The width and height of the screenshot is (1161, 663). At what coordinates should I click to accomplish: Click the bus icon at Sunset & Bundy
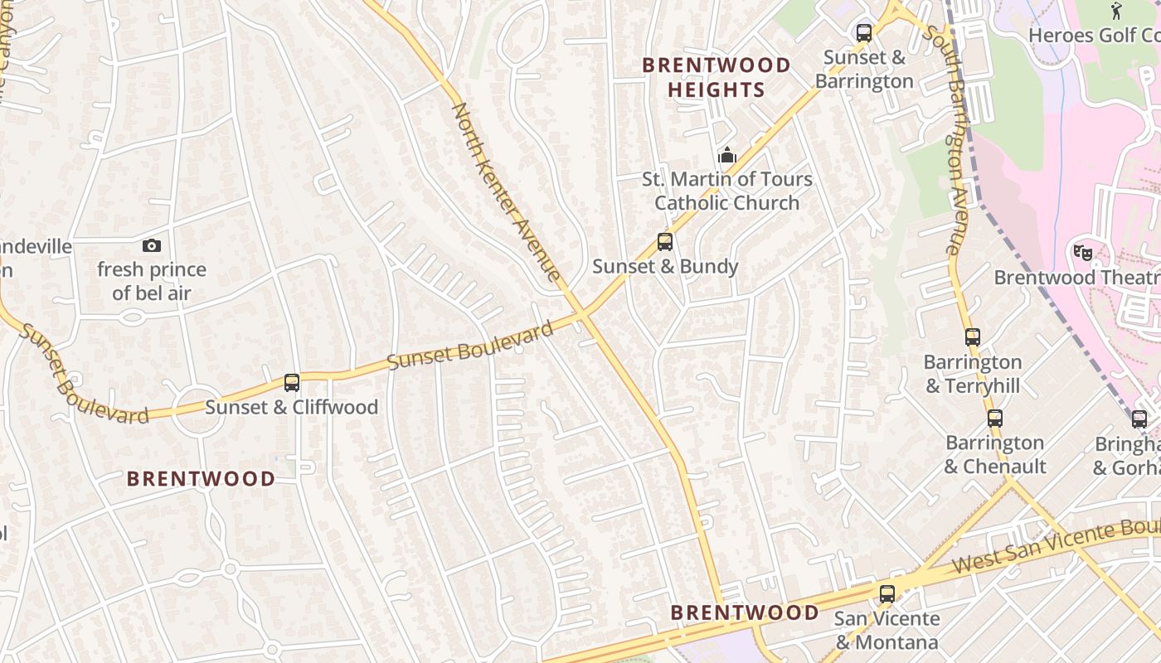click(x=664, y=242)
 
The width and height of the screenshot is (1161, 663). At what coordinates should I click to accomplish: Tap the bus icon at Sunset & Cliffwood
click(x=291, y=383)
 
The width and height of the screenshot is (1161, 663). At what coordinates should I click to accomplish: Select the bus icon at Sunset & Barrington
click(x=864, y=33)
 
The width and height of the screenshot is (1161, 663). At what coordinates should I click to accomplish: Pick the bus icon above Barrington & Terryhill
click(x=973, y=337)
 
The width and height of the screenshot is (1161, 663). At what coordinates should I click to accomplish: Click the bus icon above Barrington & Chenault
click(x=995, y=419)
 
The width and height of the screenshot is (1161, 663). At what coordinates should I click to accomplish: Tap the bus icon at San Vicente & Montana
click(x=887, y=593)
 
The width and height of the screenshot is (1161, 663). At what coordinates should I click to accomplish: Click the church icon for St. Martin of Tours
click(x=727, y=155)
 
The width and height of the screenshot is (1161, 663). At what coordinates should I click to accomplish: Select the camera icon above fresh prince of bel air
click(x=152, y=245)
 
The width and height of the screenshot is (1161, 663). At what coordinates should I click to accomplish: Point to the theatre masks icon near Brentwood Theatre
click(x=1082, y=252)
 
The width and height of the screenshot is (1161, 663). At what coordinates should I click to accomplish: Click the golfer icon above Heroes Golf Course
click(x=1116, y=11)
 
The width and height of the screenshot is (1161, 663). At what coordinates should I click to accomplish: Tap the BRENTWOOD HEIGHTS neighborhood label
click(x=717, y=77)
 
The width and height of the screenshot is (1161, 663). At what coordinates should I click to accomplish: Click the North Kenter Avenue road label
click(x=506, y=192)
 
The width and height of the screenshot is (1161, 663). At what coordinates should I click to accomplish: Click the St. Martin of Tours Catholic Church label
click(x=727, y=191)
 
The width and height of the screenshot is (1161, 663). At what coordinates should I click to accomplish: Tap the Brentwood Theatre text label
click(x=1076, y=278)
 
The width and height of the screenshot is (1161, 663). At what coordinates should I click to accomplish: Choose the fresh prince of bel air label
click(x=152, y=281)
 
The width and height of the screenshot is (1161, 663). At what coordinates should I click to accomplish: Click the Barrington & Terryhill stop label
click(x=973, y=374)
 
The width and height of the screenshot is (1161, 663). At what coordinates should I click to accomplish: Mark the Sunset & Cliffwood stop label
click(x=291, y=407)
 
